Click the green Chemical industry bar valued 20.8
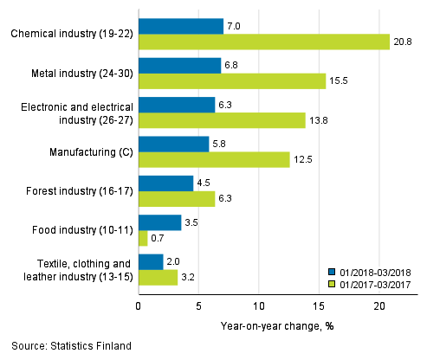264,42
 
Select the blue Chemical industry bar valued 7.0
181,26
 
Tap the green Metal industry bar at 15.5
232,80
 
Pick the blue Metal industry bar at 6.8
179,65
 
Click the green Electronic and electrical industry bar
222,120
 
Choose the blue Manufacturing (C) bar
173,144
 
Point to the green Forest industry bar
177,199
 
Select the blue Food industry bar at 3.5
159,222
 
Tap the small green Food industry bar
143,238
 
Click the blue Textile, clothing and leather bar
151,261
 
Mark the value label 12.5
302,159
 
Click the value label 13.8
318,120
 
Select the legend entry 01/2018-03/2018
370,269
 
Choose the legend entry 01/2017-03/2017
370,281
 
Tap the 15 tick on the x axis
319,306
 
